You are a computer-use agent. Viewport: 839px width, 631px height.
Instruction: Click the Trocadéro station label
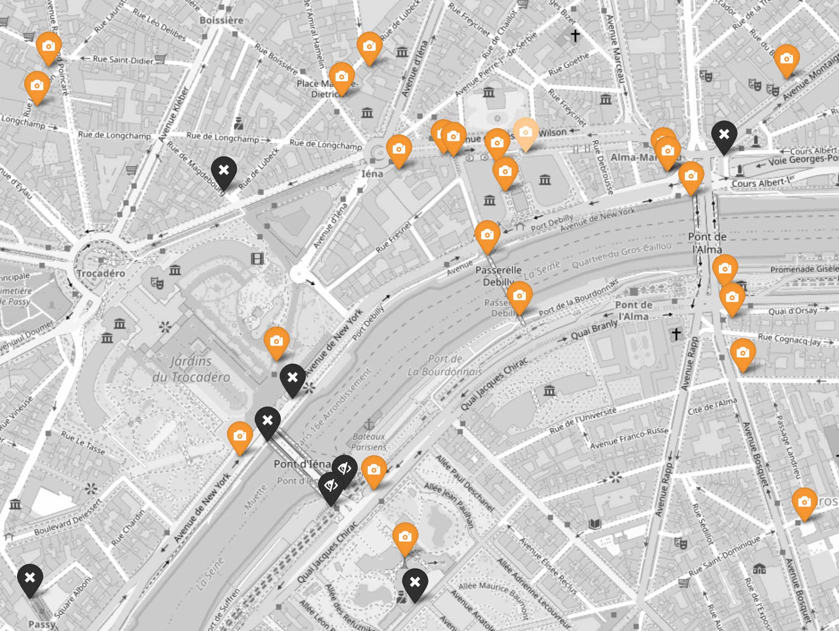tap(101, 273)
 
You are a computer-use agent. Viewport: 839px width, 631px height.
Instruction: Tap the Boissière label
tap(221, 20)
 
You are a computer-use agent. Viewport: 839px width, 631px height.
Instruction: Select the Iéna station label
tap(372, 173)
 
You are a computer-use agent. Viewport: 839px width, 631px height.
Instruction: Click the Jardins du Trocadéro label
tap(191, 369)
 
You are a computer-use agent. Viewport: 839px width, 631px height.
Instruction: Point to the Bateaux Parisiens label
tap(369, 442)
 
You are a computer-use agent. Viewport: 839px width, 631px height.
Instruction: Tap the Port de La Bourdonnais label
tap(445, 365)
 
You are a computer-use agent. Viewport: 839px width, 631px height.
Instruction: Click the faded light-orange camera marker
tap(525, 132)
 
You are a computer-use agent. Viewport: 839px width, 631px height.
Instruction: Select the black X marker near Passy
tap(30, 578)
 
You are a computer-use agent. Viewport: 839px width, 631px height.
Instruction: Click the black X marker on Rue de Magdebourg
tap(224, 170)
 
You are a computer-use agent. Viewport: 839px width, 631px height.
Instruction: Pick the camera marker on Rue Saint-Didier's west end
tap(49, 46)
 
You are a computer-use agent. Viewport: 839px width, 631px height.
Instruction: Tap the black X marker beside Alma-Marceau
tap(724, 135)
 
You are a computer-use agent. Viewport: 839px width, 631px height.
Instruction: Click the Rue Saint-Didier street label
tap(123, 59)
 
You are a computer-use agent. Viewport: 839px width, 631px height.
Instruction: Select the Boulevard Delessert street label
tap(68, 517)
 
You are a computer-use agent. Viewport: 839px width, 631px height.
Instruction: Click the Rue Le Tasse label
tap(83, 442)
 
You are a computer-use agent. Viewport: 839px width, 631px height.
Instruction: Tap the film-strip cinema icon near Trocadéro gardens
tap(257, 258)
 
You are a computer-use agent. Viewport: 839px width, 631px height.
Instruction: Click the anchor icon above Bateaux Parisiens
tap(369, 424)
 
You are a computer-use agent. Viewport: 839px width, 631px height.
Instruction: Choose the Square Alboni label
tap(73, 597)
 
